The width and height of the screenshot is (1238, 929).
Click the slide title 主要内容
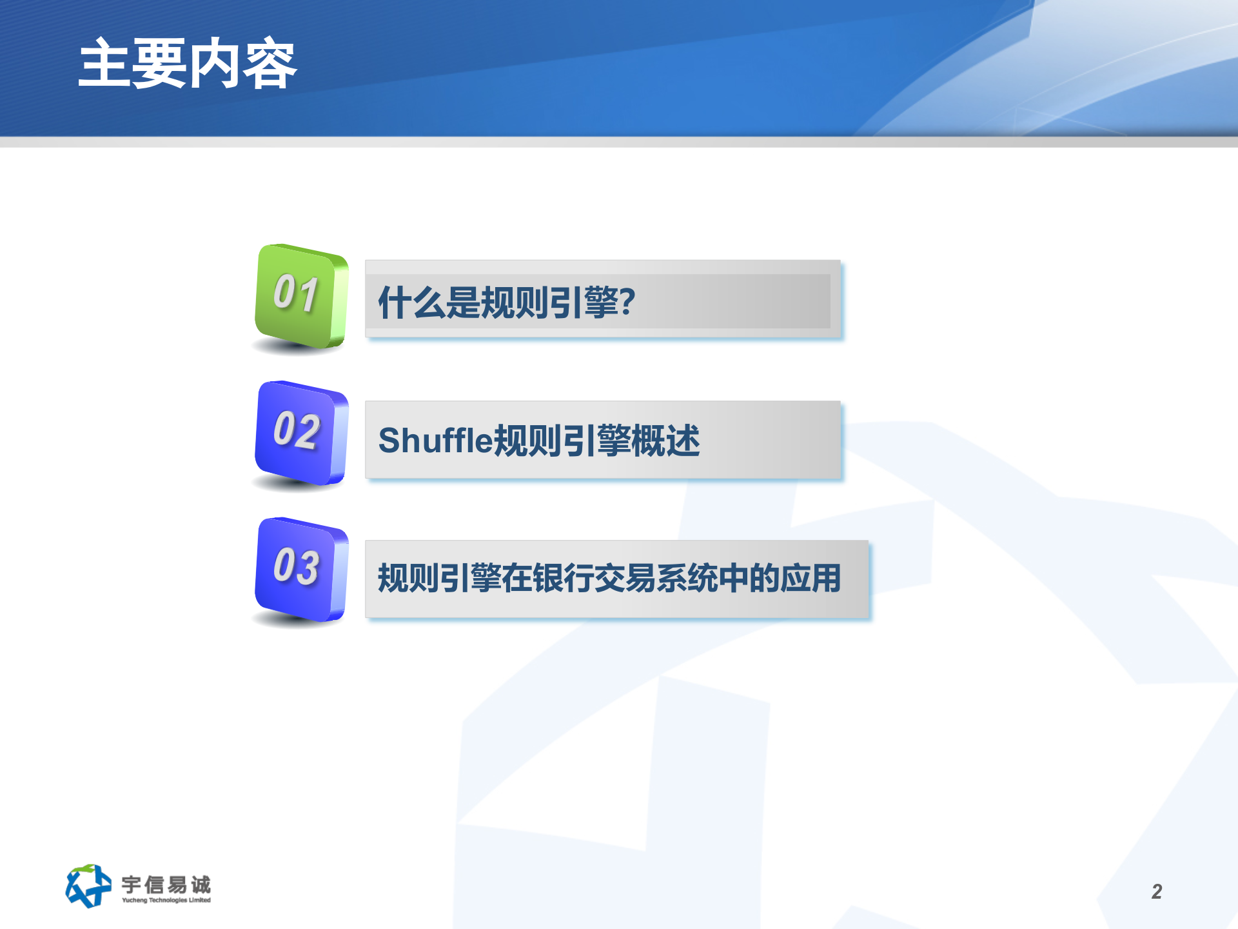tap(187, 64)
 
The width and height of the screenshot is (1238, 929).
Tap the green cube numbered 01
tap(301, 298)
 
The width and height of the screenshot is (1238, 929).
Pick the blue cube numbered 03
tap(301, 570)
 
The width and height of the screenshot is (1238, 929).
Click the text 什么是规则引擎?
tap(507, 302)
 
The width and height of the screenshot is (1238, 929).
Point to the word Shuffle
tap(435, 441)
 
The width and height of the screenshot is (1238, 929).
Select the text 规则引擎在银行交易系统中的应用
tap(609, 578)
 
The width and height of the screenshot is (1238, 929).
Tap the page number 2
tap(1157, 892)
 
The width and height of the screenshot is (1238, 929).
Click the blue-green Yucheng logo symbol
tap(87, 886)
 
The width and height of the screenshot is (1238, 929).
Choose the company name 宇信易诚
tap(166, 884)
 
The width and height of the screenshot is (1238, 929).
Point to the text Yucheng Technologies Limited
tap(166, 900)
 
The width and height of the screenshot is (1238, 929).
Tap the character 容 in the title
tap(270, 64)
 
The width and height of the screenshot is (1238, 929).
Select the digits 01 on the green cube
tap(295, 294)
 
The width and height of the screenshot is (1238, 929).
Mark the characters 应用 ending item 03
tap(811, 578)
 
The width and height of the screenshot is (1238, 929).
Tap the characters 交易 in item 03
tap(625, 578)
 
